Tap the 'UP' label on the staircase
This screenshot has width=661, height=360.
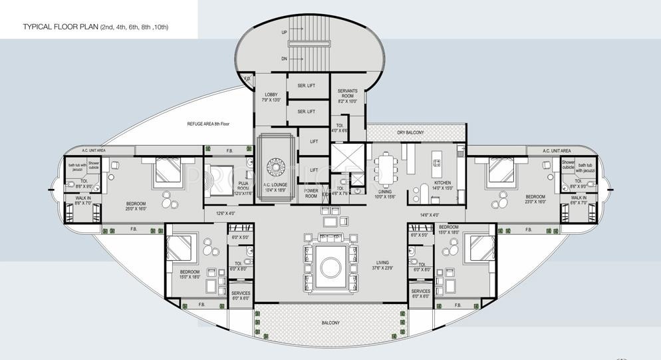(285, 31)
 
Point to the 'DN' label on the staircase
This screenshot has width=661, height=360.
(285, 59)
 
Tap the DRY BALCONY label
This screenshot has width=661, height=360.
(410, 132)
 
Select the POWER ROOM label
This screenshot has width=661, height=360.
(311, 194)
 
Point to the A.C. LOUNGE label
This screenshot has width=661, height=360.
(274, 186)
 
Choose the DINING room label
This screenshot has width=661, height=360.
(386, 194)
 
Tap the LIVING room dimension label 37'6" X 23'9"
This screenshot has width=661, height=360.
(382, 266)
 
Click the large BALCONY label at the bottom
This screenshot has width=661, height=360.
(330, 323)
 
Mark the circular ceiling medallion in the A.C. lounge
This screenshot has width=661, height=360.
(275, 165)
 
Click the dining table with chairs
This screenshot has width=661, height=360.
(386, 168)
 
